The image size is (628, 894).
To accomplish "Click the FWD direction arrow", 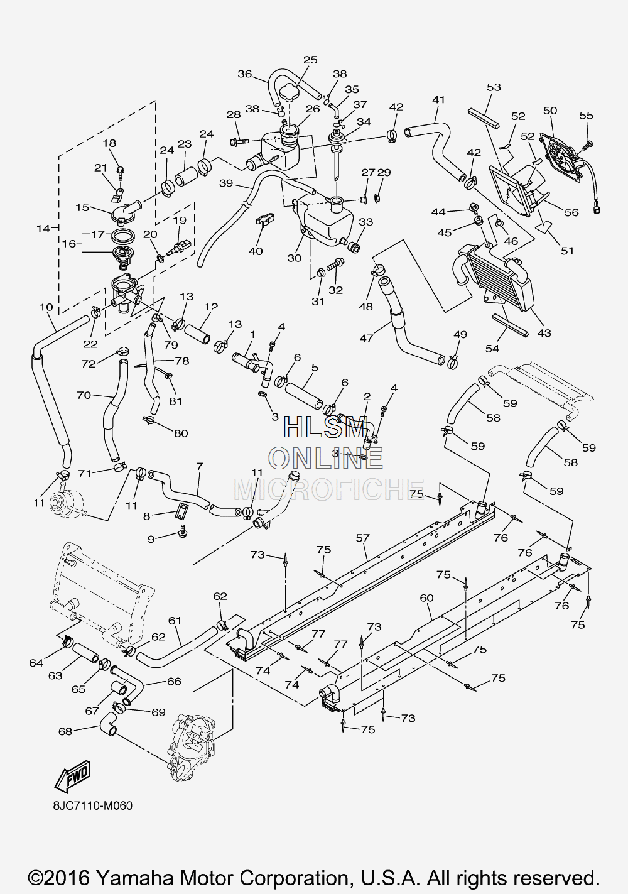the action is click(x=73, y=777).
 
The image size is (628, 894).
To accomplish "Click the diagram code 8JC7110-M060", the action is click(x=92, y=806).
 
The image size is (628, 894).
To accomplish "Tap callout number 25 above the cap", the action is click(x=310, y=60).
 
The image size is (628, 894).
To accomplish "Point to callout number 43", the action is click(x=544, y=333).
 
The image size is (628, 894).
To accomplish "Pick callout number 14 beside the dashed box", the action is click(x=43, y=228).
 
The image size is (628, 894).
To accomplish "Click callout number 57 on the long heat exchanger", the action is click(x=363, y=538).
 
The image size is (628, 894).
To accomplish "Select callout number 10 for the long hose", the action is click(x=46, y=307).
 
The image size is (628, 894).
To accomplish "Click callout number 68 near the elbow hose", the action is click(x=65, y=731).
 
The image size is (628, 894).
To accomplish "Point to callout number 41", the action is click(x=438, y=100).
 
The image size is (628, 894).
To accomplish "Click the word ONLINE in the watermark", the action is click(x=326, y=457).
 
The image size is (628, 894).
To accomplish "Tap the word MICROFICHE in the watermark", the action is click(x=328, y=489).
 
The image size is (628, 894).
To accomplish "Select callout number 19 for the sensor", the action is click(x=180, y=221).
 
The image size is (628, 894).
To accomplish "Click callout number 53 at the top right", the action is click(x=494, y=87).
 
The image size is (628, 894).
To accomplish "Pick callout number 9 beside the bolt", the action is click(x=151, y=540).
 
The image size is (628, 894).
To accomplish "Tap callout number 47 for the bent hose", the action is click(x=366, y=338).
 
